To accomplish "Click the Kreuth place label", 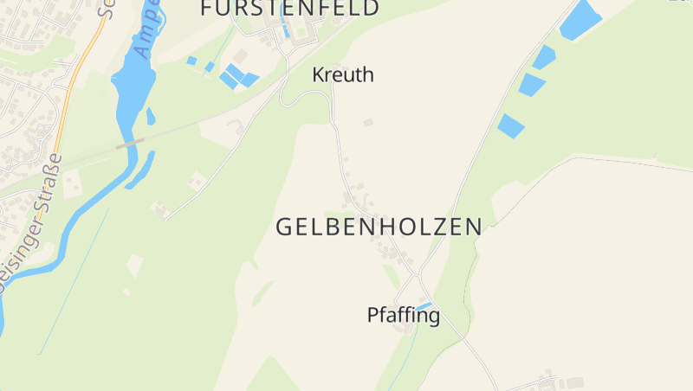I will (343, 75).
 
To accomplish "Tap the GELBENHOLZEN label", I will (379, 227).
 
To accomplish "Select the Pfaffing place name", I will (403, 316).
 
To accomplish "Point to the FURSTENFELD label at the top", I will (289, 9).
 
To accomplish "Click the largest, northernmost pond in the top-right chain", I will (580, 20).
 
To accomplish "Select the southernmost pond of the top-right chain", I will (510, 126).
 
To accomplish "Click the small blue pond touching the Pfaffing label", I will (424, 305).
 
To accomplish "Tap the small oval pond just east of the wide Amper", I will (151, 116).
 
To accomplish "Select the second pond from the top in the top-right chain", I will (543, 57).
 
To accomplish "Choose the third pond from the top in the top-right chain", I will (531, 85).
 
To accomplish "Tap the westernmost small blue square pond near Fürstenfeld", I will (191, 61).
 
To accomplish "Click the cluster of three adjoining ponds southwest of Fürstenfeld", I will (237, 76).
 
